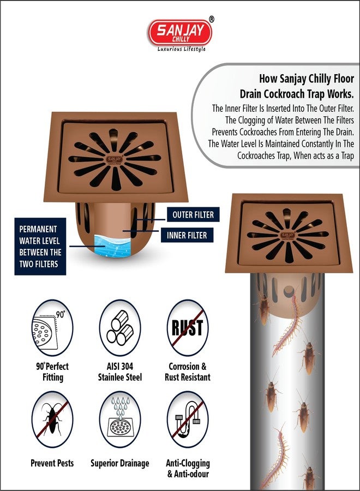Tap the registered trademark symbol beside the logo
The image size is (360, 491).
[212, 19]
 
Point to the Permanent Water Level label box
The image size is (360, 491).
[40, 247]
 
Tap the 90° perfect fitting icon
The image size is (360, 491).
[52, 328]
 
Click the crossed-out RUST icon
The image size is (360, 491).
[187, 328]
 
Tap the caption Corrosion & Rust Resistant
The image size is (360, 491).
[187, 372]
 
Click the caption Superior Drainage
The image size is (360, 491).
[119, 463]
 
